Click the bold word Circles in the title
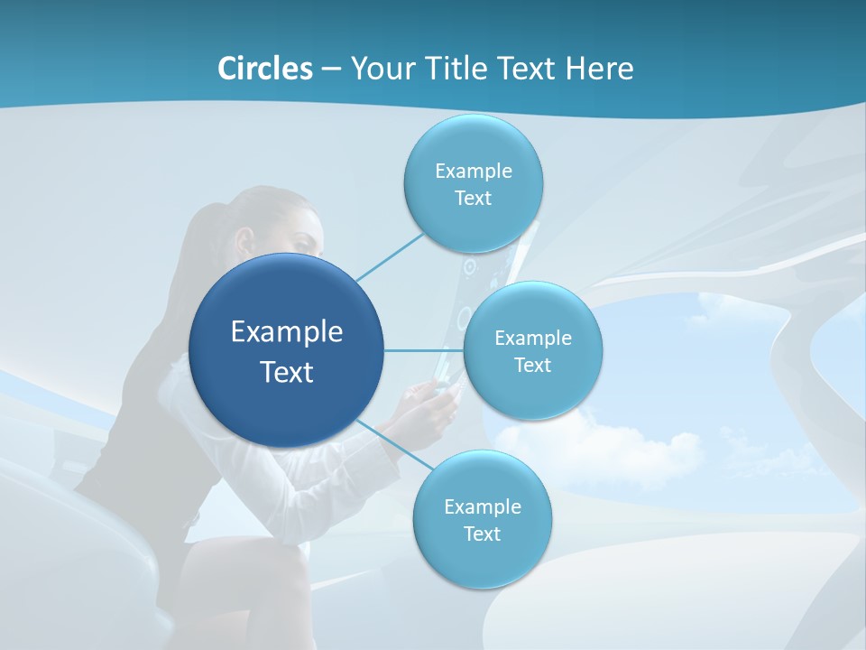(x=264, y=68)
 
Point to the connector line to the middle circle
(x=424, y=350)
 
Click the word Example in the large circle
(x=287, y=332)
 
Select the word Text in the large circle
(x=287, y=372)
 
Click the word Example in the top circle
(x=474, y=171)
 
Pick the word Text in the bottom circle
(x=482, y=534)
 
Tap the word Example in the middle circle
(x=533, y=339)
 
